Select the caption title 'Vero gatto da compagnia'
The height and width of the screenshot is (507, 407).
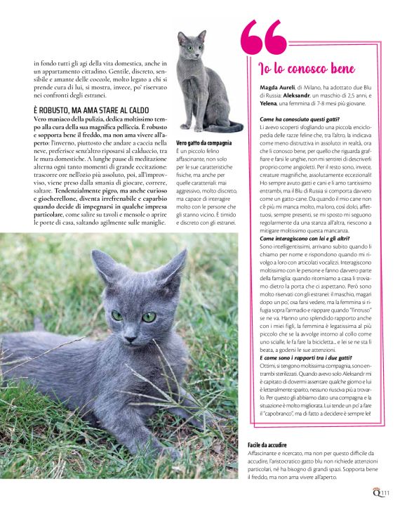203,143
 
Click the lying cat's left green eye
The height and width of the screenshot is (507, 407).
116,315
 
